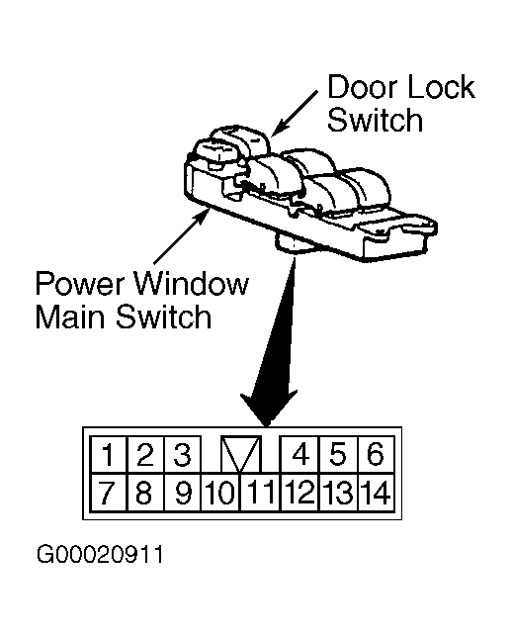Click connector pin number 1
pyautogui.click(x=108, y=455)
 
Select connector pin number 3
pyautogui.click(x=183, y=455)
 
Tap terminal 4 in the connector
pyautogui.click(x=300, y=455)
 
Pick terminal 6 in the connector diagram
pyautogui.click(x=376, y=455)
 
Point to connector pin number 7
pyautogui.click(x=108, y=492)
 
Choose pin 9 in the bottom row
pyautogui.click(x=183, y=492)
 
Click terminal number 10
pyautogui.click(x=220, y=492)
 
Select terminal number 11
pyautogui.click(x=261, y=492)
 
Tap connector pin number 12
pyautogui.click(x=300, y=492)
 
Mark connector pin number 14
pyautogui.click(x=376, y=492)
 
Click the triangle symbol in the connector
pyautogui.click(x=241, y=451)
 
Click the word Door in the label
pyautogui.click(x=357, y=87)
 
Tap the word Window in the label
pyautogui.click(x=191, y=283)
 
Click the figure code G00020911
pyautogui.click(x=100, y=554)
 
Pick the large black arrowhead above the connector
pyautogui.click(x=268, y=409)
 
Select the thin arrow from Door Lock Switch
pyautogui.click(x=295, y=114)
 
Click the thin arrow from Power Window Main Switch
pyautogui.click(x=180, y=236)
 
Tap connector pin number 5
pyautogui.click(x=339, y=455)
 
